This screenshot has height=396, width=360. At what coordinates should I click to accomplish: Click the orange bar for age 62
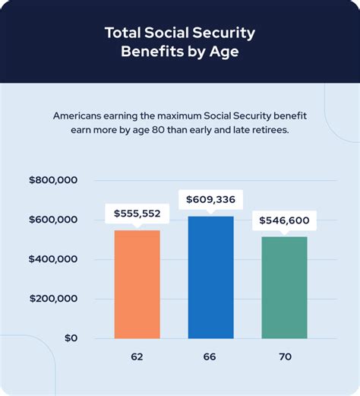(x=137, y=284)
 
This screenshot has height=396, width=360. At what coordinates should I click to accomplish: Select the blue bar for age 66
(x=210, y=277)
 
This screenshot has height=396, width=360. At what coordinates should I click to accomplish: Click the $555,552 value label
(x=137, y=214)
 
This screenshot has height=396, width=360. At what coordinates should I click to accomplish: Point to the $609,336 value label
(x=210, y=201)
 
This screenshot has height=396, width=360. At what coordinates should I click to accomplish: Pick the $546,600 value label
(x=284, y=220)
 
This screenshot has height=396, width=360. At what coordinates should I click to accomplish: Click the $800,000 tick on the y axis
(x=53, y=181)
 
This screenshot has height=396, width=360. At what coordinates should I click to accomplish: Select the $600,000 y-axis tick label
(x=53, y=220)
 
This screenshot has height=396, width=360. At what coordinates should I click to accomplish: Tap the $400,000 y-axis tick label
(x=53, y=259)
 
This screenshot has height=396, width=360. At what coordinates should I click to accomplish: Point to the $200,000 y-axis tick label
(x=53, y=299)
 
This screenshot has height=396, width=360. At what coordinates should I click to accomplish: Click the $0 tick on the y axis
(x=70, y=338)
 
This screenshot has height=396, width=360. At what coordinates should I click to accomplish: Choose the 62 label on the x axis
(x=137, y=356)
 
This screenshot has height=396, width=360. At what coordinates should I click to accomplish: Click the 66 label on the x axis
(x=210, y=356)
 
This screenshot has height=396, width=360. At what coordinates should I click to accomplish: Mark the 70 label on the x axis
(x=284, y=356)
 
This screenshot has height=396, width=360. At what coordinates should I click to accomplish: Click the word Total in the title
(x=125, y=33)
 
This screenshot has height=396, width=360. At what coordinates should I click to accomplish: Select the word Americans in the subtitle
(x=81, y=116)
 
